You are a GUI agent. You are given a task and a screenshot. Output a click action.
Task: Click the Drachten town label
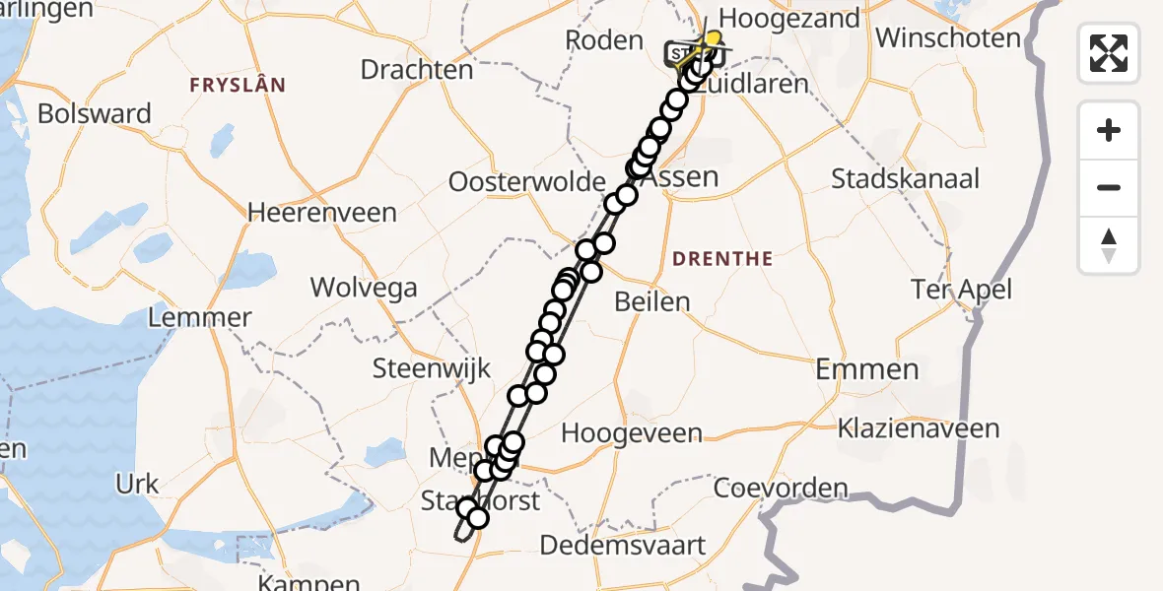tap(417, 70)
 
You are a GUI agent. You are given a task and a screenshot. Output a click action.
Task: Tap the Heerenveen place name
tap(322, 212)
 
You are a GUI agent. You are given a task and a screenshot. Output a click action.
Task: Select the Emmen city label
tap(867, 369)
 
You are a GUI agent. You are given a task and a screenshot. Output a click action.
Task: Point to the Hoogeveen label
tap(632, 433)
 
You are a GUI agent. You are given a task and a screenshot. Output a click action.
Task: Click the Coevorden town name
tap(780, 488)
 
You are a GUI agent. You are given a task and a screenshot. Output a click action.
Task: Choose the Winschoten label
tap(948, 38)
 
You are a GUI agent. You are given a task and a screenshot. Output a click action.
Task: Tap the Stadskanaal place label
tap(905, 178)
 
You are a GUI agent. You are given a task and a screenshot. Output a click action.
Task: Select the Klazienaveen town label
tap(918, 428)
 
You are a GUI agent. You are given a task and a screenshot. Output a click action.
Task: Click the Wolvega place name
tap(364, 288)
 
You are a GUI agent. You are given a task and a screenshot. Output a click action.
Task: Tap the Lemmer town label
tap(200, 318)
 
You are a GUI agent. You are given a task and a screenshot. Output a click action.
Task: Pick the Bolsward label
tap(95, 113)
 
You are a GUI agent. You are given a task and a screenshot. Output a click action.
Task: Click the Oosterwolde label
tap(526, 182)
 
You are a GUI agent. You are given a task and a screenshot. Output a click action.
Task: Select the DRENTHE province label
tap(721, 259)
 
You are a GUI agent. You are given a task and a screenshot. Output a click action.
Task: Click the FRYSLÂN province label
tap(238, 86)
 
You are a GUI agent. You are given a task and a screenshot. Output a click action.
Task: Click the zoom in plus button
tap(1109, 130)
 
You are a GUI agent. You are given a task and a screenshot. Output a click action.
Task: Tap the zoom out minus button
tap(1109, 187)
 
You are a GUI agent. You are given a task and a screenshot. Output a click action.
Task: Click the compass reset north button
tap(1109, 245)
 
